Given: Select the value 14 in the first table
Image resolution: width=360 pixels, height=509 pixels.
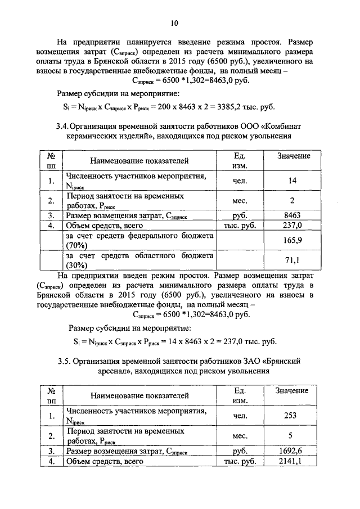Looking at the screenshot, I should point(292,181).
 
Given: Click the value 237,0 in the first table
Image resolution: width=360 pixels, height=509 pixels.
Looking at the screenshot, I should point(292,225).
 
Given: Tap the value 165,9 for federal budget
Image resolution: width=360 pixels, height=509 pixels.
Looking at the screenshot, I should point(292,240).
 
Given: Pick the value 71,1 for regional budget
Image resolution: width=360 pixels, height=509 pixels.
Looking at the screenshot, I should point(292,260).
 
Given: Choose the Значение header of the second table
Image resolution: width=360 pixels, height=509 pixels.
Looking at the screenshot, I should point(292,390).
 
